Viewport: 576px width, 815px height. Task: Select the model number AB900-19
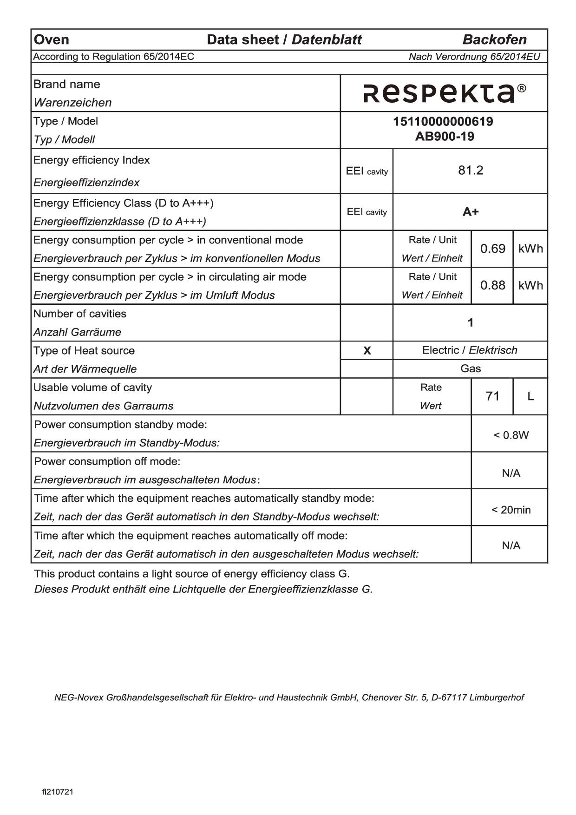coord(445,137)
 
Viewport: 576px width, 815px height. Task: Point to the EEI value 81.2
coord(471,171)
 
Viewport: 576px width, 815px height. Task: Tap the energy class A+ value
coord(471,212)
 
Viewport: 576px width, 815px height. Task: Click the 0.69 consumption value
coord(492,249)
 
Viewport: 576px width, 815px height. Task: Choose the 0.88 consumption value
coord(492,285)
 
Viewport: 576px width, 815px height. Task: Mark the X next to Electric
coord(367,351)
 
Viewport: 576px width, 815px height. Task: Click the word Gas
coord(471,369)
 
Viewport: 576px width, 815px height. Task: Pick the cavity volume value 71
coord(492,396)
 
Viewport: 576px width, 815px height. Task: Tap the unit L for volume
coord(530,396)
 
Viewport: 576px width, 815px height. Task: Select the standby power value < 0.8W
coord(511,435)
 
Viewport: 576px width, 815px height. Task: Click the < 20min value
coord(511,510)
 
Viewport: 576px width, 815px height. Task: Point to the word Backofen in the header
coord(494,40)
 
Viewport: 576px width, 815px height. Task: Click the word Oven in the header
coord(52,40)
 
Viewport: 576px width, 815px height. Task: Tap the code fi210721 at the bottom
coord(58,792)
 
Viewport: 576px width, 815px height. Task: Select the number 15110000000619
coord(443,122)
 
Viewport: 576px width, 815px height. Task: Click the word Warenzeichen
coord(73,103)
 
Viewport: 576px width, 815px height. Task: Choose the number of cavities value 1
coord(471,322)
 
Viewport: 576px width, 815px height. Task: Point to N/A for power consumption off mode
coord(511,473)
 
